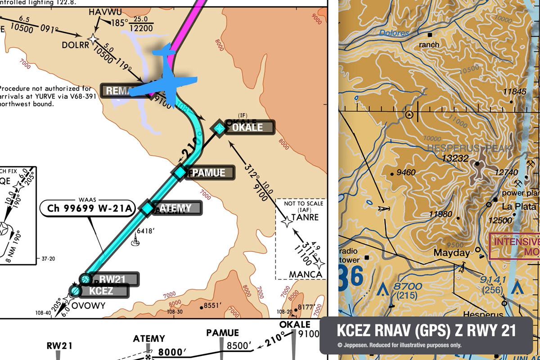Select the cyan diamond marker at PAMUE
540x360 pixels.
(x=180, y=172)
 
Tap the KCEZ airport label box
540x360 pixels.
(x=103, y=291)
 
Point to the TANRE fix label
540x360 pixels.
(x=305, y=217)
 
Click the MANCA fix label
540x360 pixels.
(x=306, y=274)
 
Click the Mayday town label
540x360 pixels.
(x=451, y=253)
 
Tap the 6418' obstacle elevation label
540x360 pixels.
(x=146, y=231)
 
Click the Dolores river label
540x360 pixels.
(x=394, y=33)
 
